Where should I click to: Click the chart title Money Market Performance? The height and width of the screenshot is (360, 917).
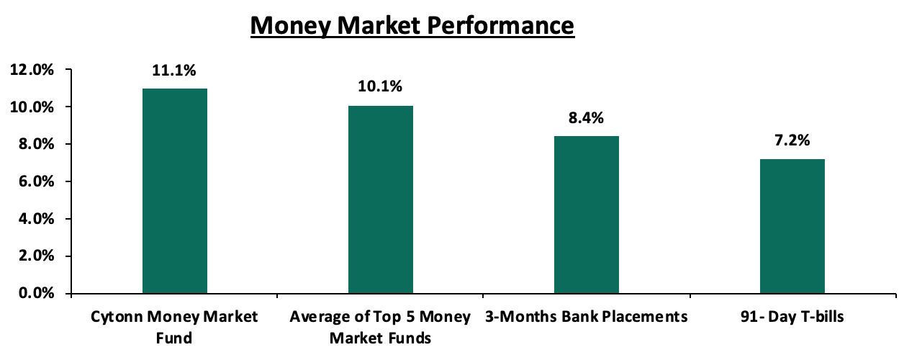412,25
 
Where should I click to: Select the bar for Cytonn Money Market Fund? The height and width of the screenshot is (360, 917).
175,191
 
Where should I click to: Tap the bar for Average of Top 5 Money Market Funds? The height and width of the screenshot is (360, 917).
381,199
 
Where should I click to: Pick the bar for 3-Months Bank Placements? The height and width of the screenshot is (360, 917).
587,215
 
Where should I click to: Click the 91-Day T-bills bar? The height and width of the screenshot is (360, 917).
792,226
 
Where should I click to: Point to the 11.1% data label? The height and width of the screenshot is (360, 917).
174,71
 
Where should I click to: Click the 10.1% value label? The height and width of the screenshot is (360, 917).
380,86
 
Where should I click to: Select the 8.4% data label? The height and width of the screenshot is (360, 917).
586,118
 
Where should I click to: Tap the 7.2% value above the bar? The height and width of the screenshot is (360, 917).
792,140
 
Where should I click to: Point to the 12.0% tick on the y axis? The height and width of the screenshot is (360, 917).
32,70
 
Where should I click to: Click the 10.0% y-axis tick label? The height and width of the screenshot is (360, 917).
32,107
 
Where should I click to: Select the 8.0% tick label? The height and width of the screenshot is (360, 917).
37,145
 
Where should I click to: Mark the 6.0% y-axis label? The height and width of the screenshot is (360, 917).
37,181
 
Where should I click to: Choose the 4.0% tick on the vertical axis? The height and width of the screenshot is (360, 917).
37,219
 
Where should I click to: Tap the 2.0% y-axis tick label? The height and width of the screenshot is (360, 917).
37,256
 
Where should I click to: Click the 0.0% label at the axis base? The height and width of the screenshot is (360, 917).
37,293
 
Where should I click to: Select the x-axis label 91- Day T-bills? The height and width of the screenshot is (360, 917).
792,317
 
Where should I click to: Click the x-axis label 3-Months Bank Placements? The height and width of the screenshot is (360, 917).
586,317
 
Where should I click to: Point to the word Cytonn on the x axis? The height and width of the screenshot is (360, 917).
117,317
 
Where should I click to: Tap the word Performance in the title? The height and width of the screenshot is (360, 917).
501,25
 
